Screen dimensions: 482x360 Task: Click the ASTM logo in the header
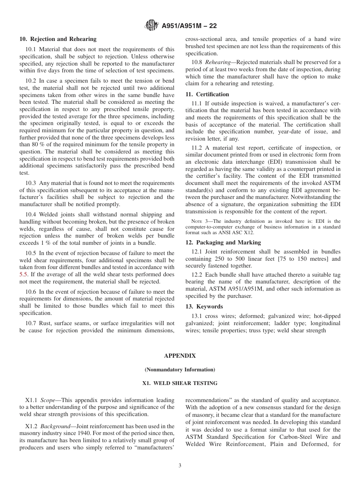point(152,26)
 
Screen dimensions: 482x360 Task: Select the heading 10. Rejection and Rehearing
point(58,39)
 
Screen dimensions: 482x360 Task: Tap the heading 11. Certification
point(207,94)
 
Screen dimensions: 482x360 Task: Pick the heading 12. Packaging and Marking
point(223,243)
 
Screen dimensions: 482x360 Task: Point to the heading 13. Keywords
point(204,307)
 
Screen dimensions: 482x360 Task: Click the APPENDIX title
point(180,356)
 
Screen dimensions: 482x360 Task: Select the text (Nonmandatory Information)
point(180,369)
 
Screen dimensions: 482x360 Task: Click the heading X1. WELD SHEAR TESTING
point(180,383)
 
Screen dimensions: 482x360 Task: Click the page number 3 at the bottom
point(180,466)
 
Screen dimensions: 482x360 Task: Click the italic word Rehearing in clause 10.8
point(218,62)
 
